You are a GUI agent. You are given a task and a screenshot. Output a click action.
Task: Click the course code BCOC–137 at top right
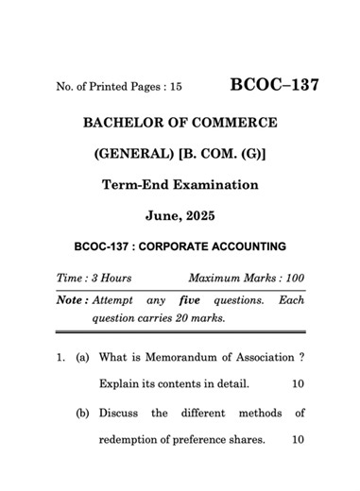tap(274, 85)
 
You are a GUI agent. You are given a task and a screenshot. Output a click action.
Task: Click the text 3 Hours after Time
tap(111, 279)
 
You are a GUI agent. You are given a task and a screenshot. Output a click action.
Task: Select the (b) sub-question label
tap(83, 414)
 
